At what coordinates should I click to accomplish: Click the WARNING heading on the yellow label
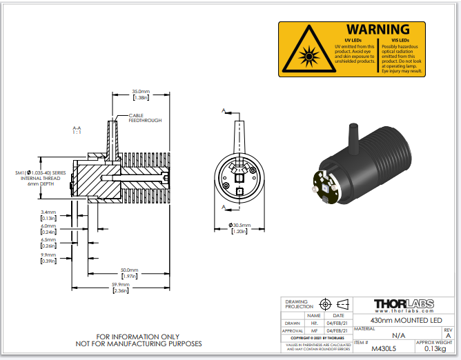coord(377,30)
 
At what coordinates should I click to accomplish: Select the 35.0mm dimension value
coord(141,91)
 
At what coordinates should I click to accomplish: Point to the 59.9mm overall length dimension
coord(120,286)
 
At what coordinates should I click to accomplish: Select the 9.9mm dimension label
coord(48,257)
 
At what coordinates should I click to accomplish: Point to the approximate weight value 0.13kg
coord(433,349)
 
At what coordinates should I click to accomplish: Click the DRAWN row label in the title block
coord(294,321)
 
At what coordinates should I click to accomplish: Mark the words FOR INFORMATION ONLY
coord(138,337)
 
